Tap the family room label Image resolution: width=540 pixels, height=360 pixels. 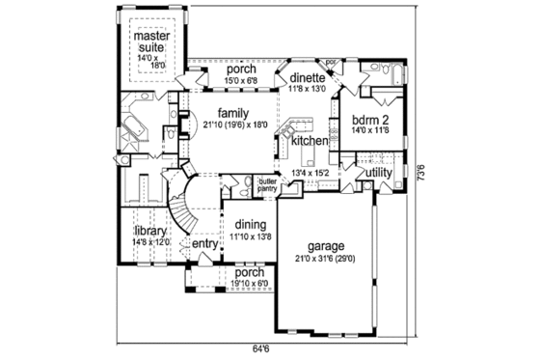point(234,111)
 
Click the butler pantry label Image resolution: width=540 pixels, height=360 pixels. point(267,184)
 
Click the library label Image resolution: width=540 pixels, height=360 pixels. point(151,232)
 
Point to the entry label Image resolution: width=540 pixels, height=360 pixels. point(204,244)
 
